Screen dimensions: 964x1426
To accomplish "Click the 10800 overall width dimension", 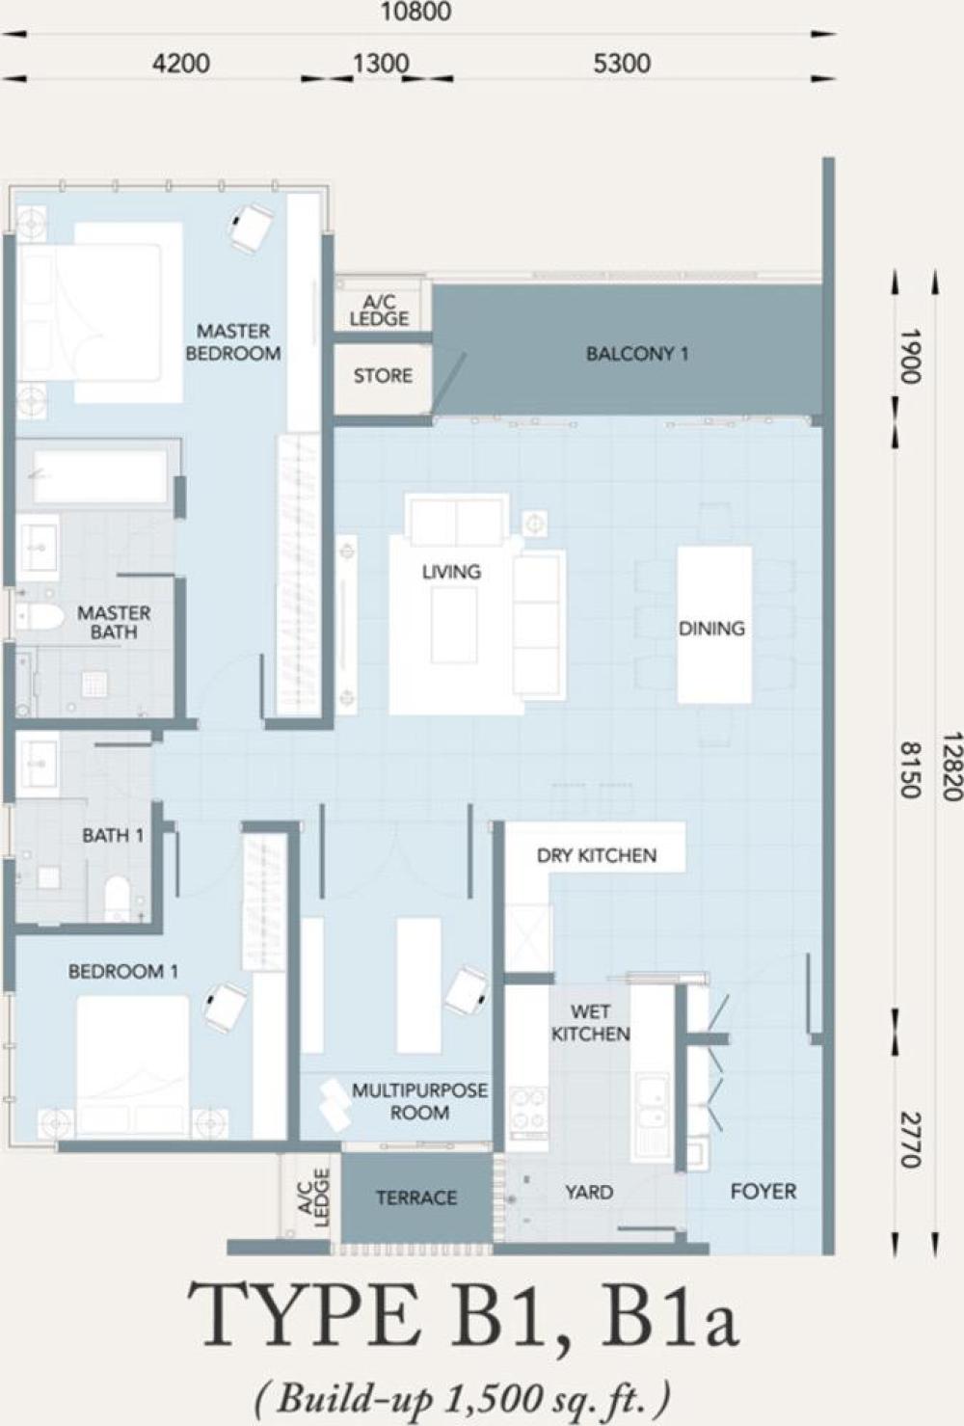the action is (x=415, y=12).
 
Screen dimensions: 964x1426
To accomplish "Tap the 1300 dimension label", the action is (x=381, y=64).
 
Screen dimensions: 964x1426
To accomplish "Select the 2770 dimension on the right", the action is (x=912, y=1140).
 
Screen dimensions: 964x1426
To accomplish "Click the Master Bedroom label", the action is (x=233, y=342).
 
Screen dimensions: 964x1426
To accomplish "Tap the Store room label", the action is (x=383, y=376).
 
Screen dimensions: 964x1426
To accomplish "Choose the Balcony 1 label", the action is (x=637, y=354).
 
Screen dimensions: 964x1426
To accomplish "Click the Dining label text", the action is (x=711, y=629).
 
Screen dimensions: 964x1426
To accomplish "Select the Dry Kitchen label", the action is (x=596, y=855).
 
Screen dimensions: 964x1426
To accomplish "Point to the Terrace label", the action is (x=416, y=1197).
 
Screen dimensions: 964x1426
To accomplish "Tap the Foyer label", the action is (x=763, y=1191).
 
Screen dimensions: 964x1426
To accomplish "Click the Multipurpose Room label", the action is (x=420, y=1101).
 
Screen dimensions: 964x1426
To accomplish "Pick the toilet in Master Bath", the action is (x=40, y=617).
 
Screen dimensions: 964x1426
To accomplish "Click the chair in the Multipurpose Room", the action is (x=468, y=989).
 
